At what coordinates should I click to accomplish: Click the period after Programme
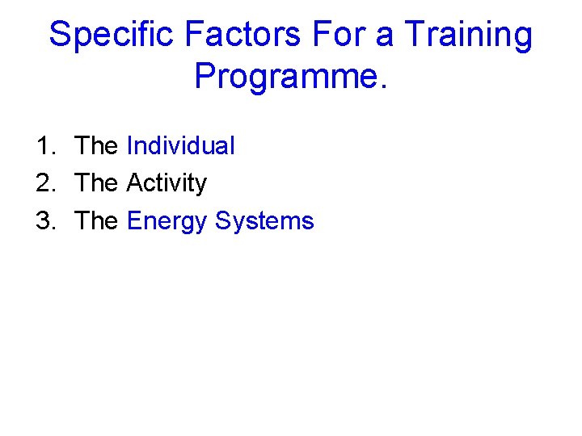click(383, 86)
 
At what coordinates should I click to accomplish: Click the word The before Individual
click(96, 146)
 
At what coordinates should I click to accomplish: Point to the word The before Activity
click(96, 183)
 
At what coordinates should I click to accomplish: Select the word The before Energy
click(96, 220)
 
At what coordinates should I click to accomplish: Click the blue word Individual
click(181, 146)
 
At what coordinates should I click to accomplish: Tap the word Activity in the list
click(167, 184)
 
